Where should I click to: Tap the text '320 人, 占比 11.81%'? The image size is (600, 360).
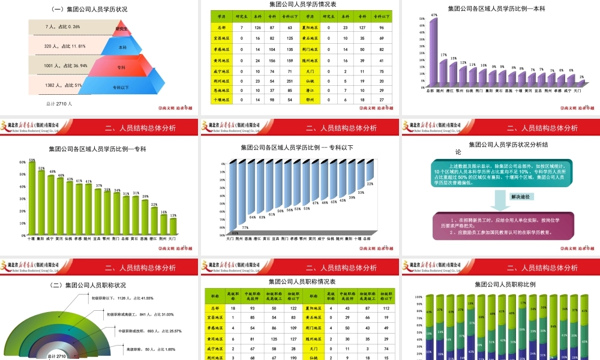[x=65, y=46]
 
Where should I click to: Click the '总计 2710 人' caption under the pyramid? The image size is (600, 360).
[x=59, y=104]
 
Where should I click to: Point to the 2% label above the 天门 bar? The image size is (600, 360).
[x=581, y=77]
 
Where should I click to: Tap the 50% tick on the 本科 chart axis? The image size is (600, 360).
[x=422, y=19]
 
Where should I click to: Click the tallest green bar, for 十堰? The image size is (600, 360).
[x=32, y=198]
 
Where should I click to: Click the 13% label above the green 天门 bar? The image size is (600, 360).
[x=173, y=215]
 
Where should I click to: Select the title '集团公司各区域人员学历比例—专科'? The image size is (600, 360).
[x=98, y=149]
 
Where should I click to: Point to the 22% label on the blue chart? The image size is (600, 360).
[x=370, y=184]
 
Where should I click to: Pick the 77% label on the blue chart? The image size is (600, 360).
[x=245, y=227]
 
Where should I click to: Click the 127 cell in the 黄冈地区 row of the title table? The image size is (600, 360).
[x=274, y=338]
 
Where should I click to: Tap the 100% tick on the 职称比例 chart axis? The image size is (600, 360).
[x=419, y=296]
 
